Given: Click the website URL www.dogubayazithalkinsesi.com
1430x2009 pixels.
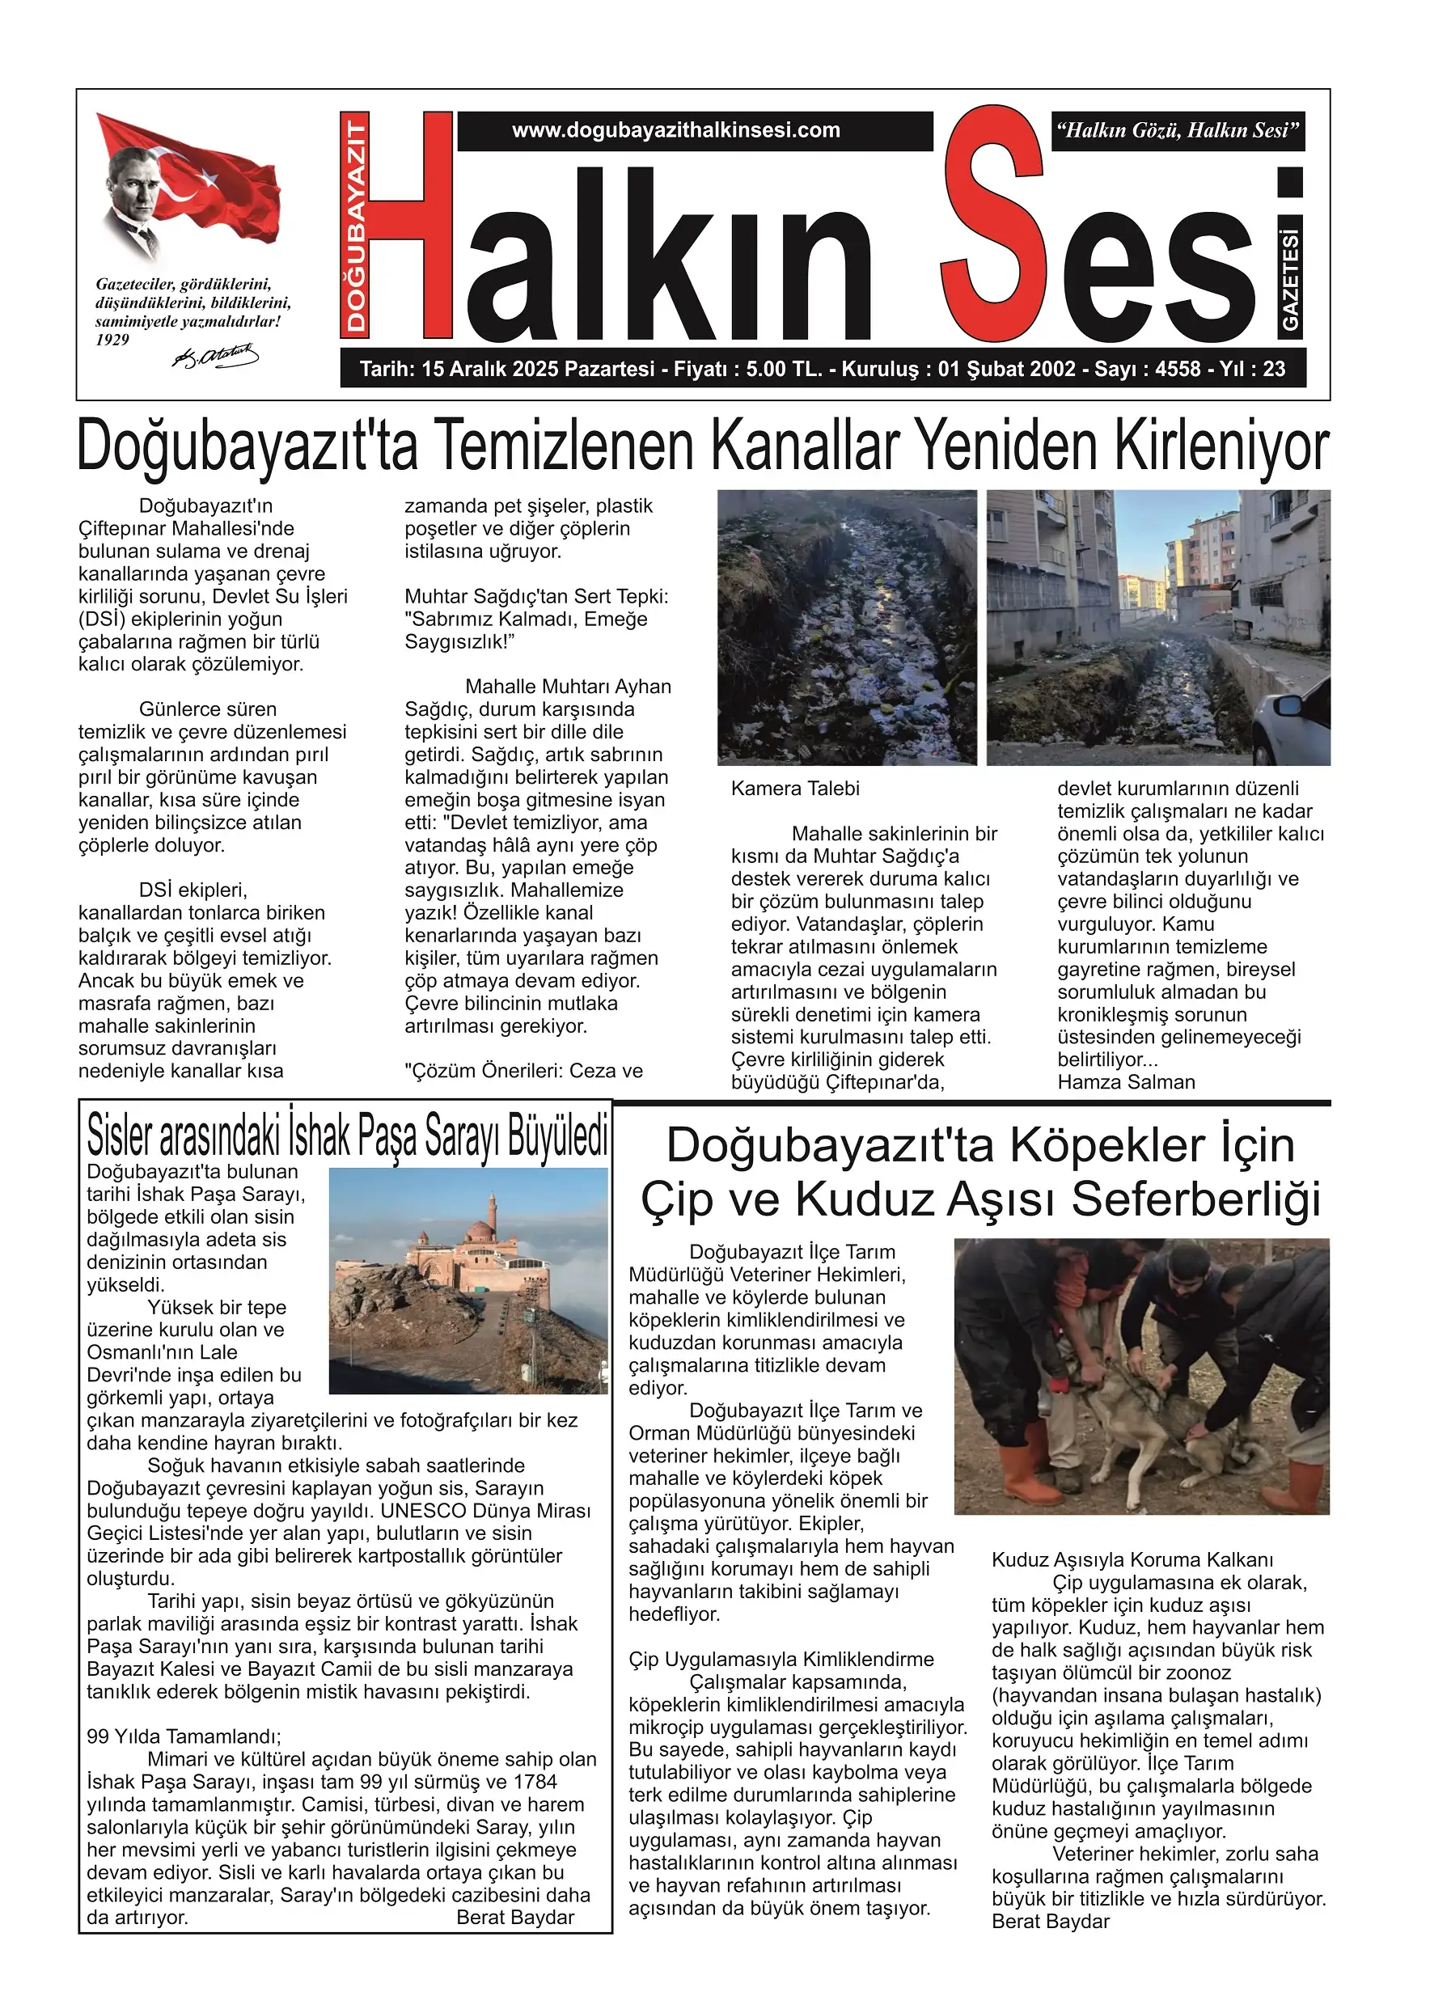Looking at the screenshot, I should pyautogui.click(x=675, y=130).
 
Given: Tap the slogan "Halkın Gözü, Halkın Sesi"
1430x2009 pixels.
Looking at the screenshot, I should pyautogui.click(x=1178, y=131).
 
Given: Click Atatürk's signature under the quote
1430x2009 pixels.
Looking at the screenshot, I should pyautogui.click(x=215, y=357).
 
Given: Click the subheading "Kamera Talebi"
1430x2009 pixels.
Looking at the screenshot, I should pyautogui.click(x=795, y=789).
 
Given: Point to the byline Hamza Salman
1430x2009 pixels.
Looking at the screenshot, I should pyautogui.click(x=1126, y=1082).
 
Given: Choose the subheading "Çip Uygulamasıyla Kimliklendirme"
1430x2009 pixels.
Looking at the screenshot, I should pyautogui.click(x=781, y=1659).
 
